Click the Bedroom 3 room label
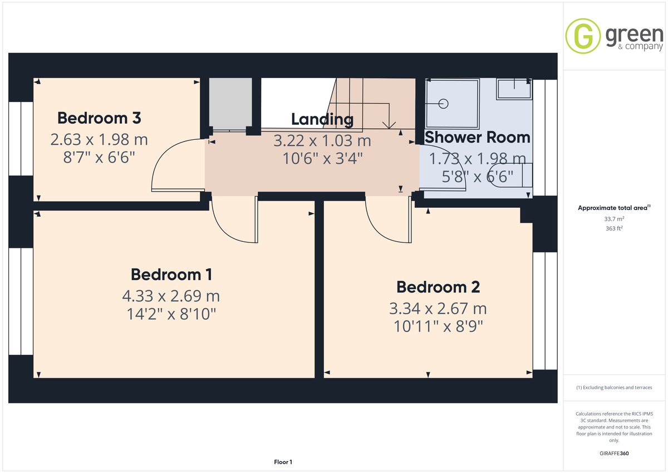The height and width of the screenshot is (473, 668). click(x=99, y=118)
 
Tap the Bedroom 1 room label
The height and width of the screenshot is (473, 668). click(x=171, y=275)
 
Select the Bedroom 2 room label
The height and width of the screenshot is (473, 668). click(x=438, y=287)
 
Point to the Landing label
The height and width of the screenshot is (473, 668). click(x=322, y=120)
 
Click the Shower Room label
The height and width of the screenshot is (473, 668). click(x=478, y=137)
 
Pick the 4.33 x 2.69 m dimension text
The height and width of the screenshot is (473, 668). click(x=171, y=296)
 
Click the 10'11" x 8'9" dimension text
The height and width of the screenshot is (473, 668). click(x=438, y=326)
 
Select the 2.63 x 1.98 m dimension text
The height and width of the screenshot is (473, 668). click(x=99, y=140)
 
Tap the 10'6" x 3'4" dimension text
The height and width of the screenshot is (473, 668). click(x=322, y=158)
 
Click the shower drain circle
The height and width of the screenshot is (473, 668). click(x=444, y=104)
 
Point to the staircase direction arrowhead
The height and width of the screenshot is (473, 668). click(x=389, y=125)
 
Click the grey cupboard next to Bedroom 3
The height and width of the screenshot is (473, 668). click(x=230, y=104)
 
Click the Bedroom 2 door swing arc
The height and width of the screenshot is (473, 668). click(x=378, y=229)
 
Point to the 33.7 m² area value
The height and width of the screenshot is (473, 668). click(x=614, y=219)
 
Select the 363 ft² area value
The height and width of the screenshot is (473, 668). click(x=614, y=228)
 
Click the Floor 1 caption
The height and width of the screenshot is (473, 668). click(x=283, y=462)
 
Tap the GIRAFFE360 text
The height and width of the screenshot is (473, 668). click(x=614, y=454)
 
